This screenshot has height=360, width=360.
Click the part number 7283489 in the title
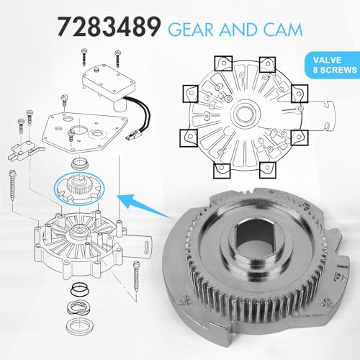109,27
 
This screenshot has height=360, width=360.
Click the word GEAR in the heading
191,30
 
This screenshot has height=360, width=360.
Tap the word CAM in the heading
283,30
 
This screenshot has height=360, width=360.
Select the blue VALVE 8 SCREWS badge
333,65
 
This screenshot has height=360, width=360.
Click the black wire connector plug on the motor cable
132,136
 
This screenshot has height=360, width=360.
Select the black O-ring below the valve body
81,289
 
